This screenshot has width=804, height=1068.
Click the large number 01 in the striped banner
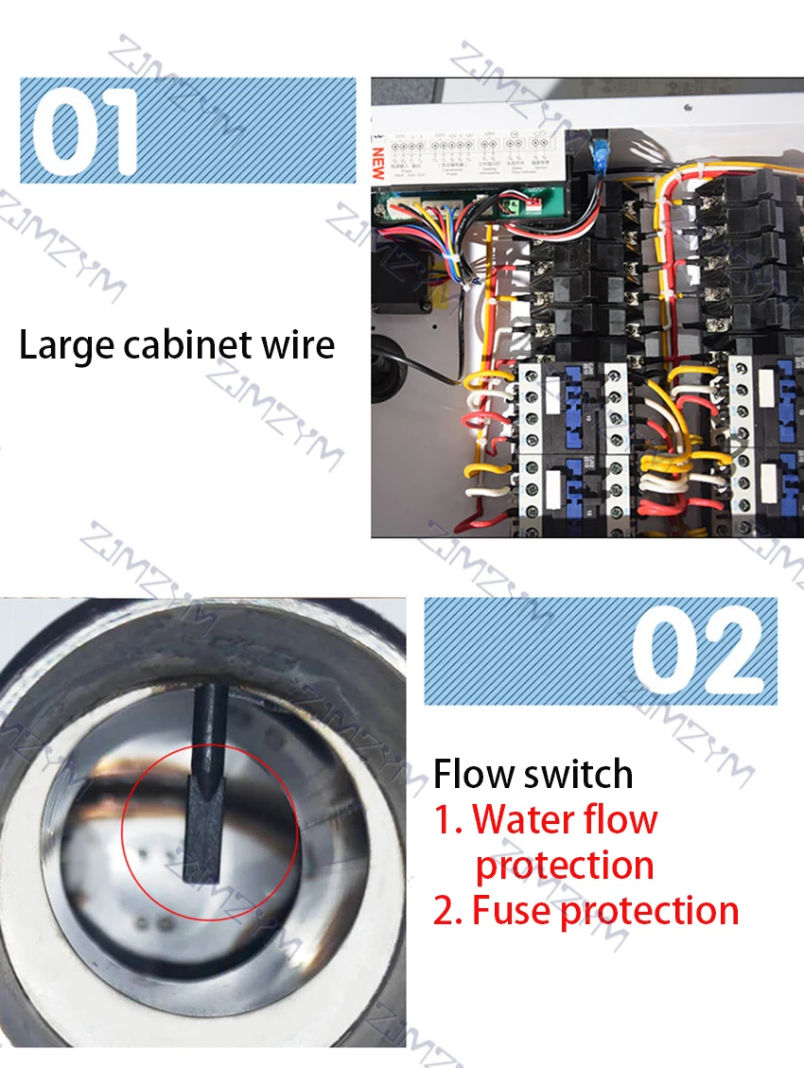(85, 131)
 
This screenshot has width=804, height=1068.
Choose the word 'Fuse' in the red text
(512, 910)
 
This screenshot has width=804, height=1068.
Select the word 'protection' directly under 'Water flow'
(565, 865)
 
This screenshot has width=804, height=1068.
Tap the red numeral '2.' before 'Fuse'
(447, 910)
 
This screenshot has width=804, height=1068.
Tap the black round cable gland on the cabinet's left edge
(385, 369)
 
